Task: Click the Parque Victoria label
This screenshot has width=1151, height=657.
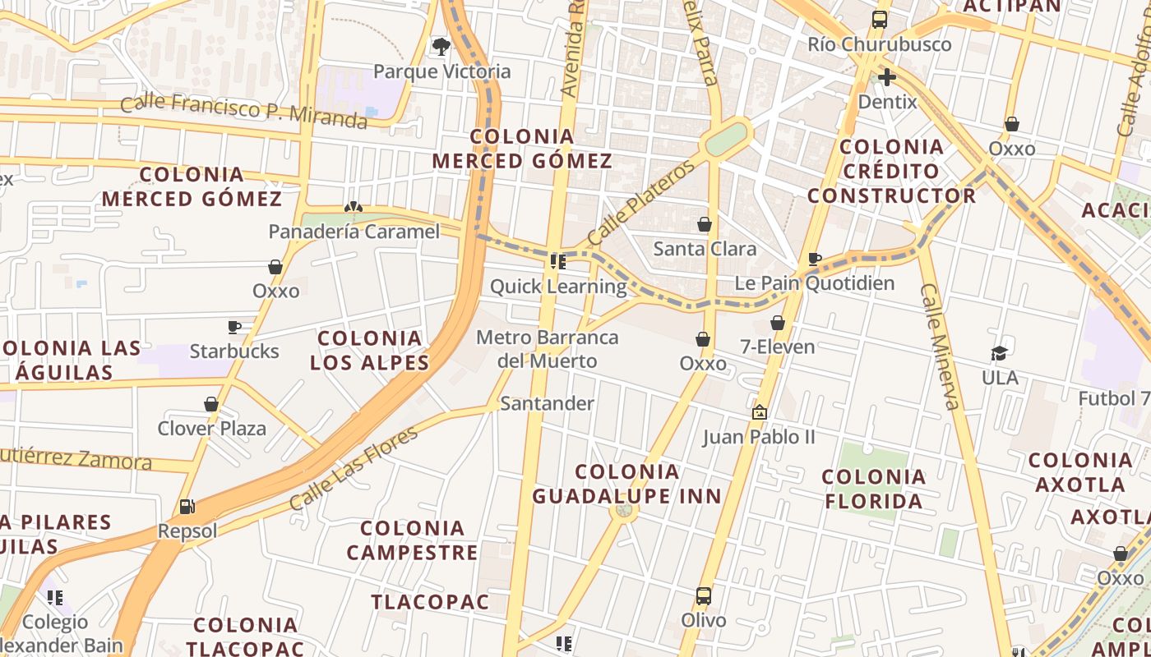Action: [441, 71]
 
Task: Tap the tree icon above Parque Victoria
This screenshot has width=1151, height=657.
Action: [441, 46]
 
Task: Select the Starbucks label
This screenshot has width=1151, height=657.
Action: [234, 351]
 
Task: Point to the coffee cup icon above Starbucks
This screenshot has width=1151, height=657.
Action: [234, 327]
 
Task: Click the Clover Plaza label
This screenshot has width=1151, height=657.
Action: [212, 429]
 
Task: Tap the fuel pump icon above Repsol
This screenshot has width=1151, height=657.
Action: [187, 507]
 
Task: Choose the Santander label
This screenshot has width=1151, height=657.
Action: [547, 403]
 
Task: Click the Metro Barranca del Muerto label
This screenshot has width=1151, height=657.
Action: [548, 349]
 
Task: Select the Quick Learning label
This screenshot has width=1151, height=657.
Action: [558, 287]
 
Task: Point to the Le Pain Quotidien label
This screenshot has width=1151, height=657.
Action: [814, 284]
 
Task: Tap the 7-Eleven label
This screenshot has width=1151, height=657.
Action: [777, 347]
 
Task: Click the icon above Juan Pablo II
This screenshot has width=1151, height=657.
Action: [759, 411]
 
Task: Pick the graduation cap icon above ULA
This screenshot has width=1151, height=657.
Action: [1000, 353]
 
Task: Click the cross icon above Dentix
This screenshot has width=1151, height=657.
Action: [886, 78]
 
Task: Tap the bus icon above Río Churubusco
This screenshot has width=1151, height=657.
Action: [880, 20]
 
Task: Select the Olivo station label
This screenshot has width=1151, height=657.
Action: [703, 620]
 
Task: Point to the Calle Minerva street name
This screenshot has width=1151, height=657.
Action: [941, 346]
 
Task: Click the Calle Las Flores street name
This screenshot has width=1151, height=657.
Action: [354, 468]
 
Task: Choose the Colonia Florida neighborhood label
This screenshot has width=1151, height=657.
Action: [873, 489]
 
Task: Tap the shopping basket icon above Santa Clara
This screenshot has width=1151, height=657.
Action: [705, 224]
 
